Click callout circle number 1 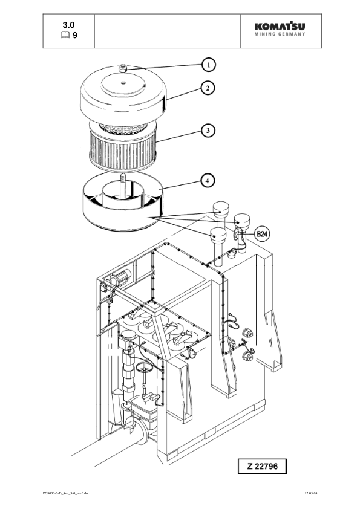pyautogui.click(x=208, y=65)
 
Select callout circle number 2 pyautogui.click(x=208, y=88)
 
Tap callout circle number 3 pyautogui.click(x=208, y=131)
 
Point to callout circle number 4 pyautogui.click(x=208, y=181)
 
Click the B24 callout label pyautogui.click(x=261, y=234)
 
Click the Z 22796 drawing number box pyautogui.click(x=262, y=466)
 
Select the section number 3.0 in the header pyautogui.click(x=68, y=25)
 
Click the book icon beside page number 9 pyautogui.click(x=65, y=35)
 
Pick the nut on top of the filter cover pyautogui.click(x=122, y=68)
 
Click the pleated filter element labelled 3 pyautogui.click(x=123, y=147)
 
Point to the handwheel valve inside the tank pyautogui.click(x=143, y=368)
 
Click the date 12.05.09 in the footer pyautogui.click(x=311, y=493)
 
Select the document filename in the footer pyautogui.click(x=66, y=493)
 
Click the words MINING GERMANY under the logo pyautogui.click(x=280, y=34)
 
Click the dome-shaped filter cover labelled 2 pyautogui.click(x=123, y=94)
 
